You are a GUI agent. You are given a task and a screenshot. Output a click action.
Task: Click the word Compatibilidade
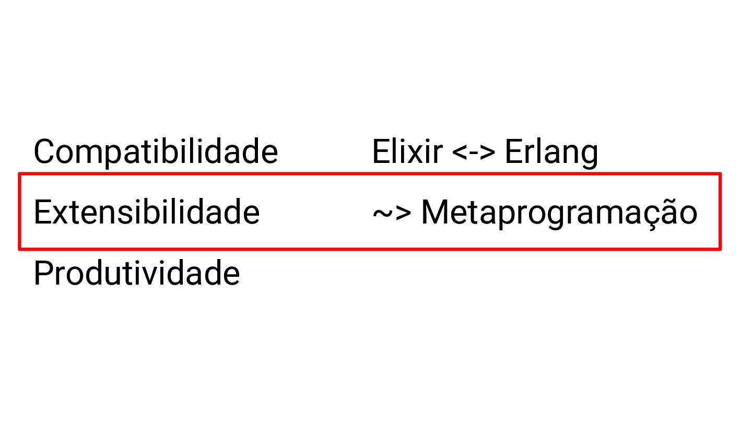156,152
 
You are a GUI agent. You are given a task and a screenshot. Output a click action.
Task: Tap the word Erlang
551,152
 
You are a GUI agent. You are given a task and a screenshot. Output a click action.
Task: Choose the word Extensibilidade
146,213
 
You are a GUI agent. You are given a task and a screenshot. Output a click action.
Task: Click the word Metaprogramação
559,213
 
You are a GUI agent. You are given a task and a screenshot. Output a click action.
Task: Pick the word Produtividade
136,273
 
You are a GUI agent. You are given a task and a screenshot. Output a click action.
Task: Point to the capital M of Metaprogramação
435,213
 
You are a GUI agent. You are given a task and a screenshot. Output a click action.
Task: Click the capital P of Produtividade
43,273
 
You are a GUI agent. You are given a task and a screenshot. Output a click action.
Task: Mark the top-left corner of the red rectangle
20,174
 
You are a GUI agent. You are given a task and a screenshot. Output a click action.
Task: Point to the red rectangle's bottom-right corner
720,249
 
